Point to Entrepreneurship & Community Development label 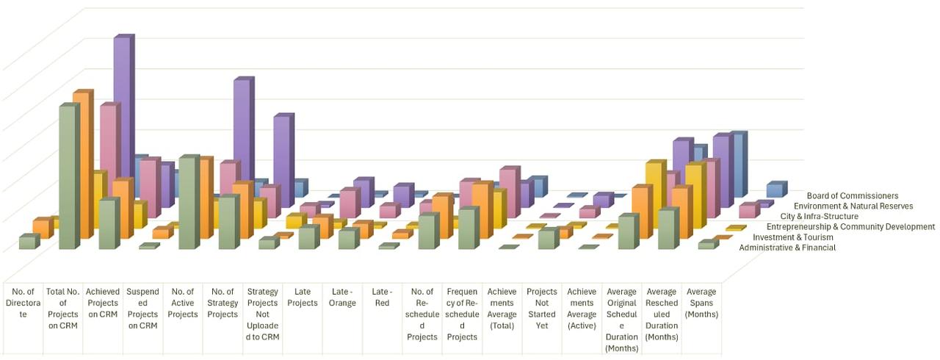click(845, 227)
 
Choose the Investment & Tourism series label click(794, 237)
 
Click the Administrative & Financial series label click(787, 248)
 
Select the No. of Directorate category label click(23, 309)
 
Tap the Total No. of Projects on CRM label click(63, 309)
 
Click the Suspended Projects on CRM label click(142, 309)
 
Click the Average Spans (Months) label click(701, 303)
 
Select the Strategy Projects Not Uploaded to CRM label click(262, 314)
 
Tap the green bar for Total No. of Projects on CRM click(67, 176)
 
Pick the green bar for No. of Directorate click(27, 242)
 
